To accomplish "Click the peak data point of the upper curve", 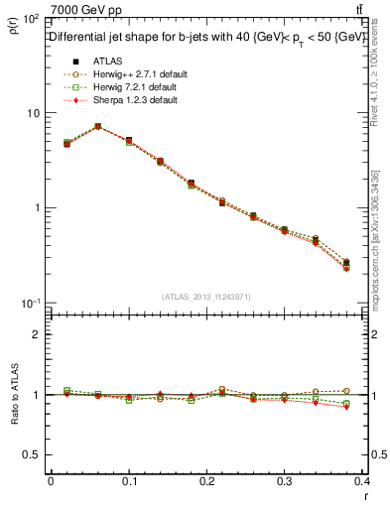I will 97,126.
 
